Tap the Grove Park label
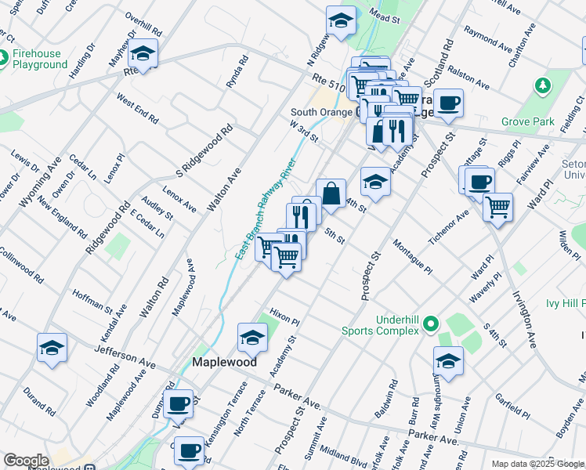coord(528,121)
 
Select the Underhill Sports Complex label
coord(381,325)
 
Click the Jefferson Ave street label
coord(125,357)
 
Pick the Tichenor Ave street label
coord(448,226)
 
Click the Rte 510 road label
coord(327,80)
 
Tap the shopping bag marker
coord(331,193)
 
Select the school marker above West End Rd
coord(143,53)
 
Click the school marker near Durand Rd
coord(52,347)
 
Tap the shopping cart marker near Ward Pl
coord(497,208)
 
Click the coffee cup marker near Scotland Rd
coord(448,103)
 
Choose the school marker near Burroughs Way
coord(448,360)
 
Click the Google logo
coord(26,461)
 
